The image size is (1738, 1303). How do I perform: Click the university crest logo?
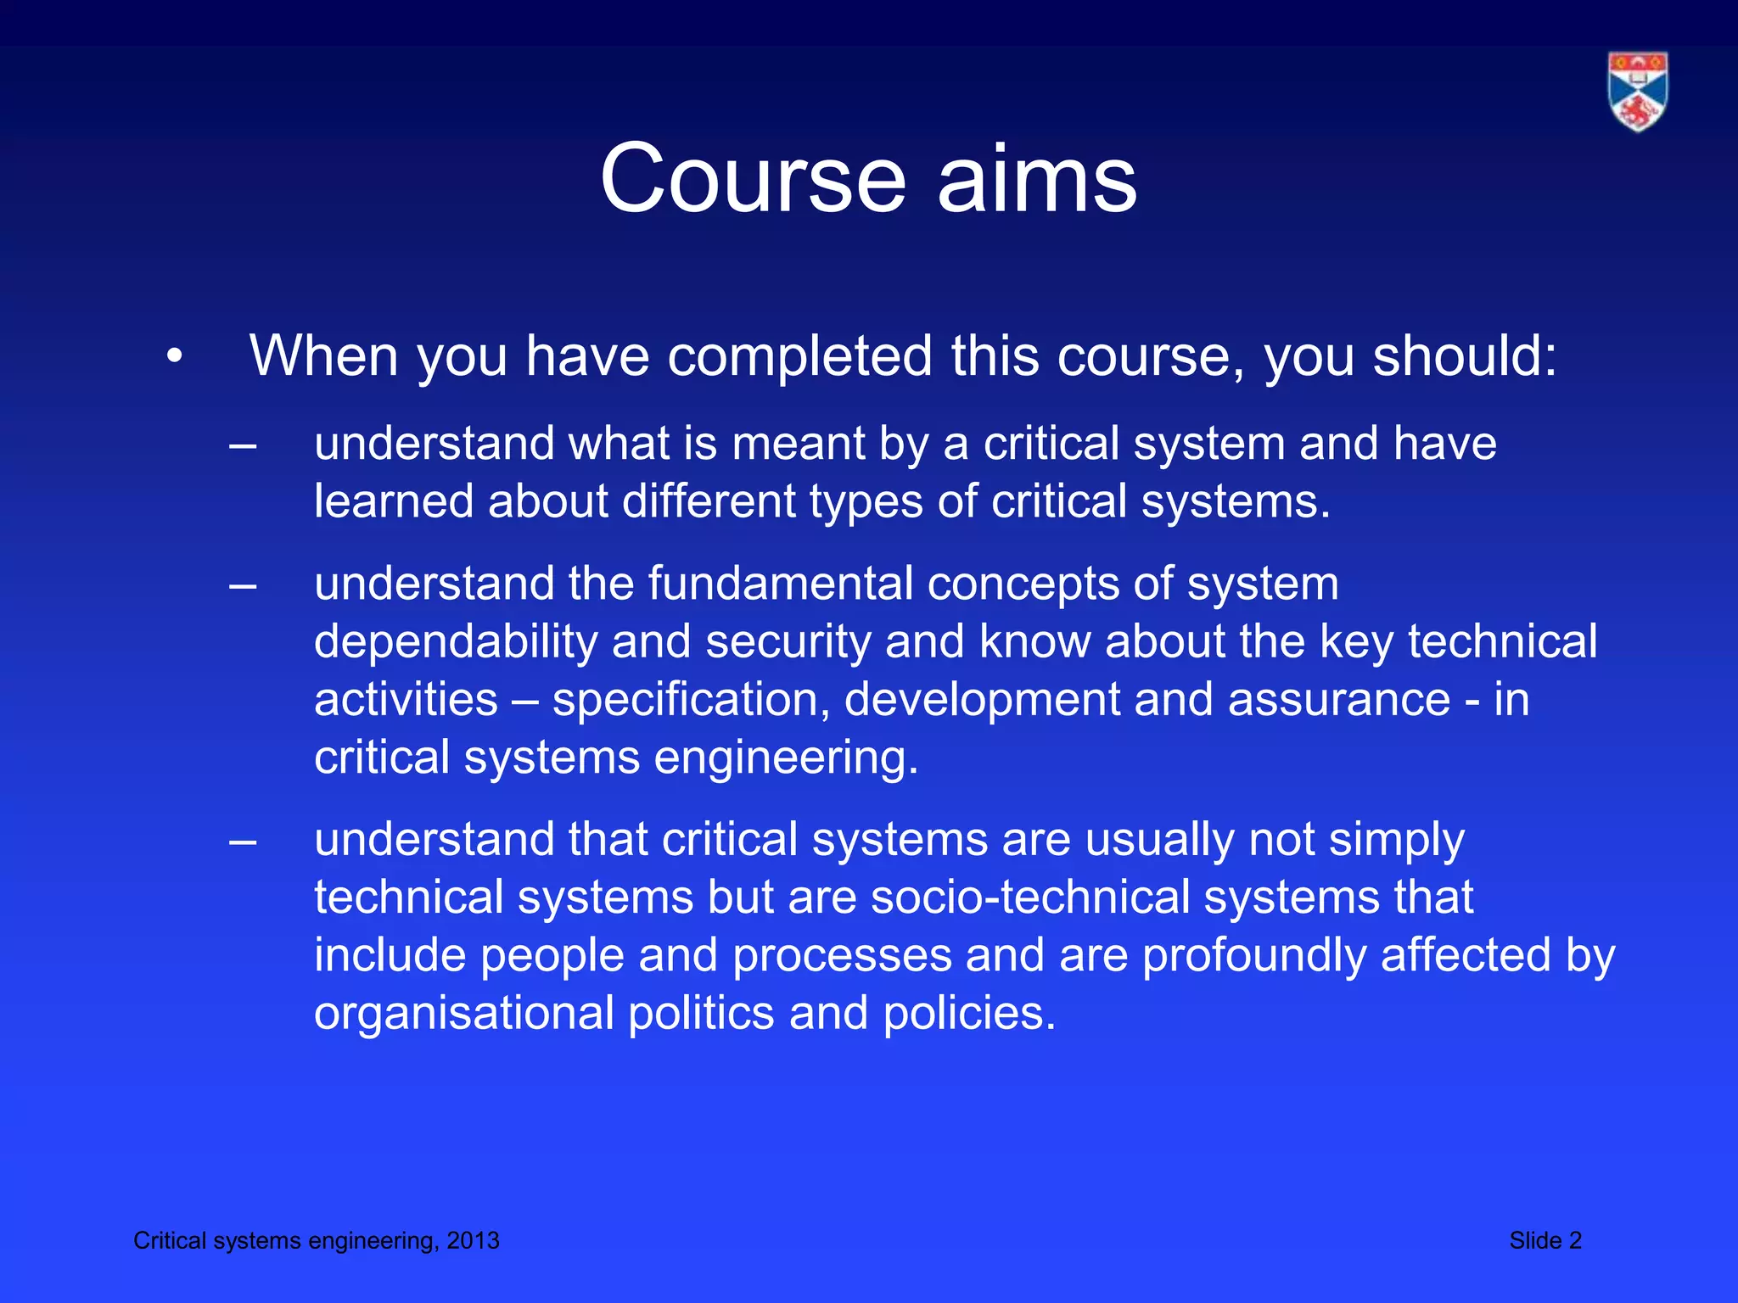[x=1638, y=92]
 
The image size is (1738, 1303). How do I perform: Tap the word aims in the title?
[x=1037, y=179]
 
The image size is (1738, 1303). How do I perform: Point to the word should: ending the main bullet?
[x=1466, y=356]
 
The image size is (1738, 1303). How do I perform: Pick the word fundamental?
[x=781, y=584]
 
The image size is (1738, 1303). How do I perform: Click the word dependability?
[x=456, y=642]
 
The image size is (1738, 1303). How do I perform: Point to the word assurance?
[x=1339, y=700]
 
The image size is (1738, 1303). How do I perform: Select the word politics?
[x=701, y=1013]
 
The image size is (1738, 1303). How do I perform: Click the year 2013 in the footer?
[x=473, y=1241]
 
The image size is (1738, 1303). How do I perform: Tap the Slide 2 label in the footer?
[x=1545, y=1241]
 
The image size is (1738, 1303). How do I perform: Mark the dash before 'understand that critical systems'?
[x=243, y=842]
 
